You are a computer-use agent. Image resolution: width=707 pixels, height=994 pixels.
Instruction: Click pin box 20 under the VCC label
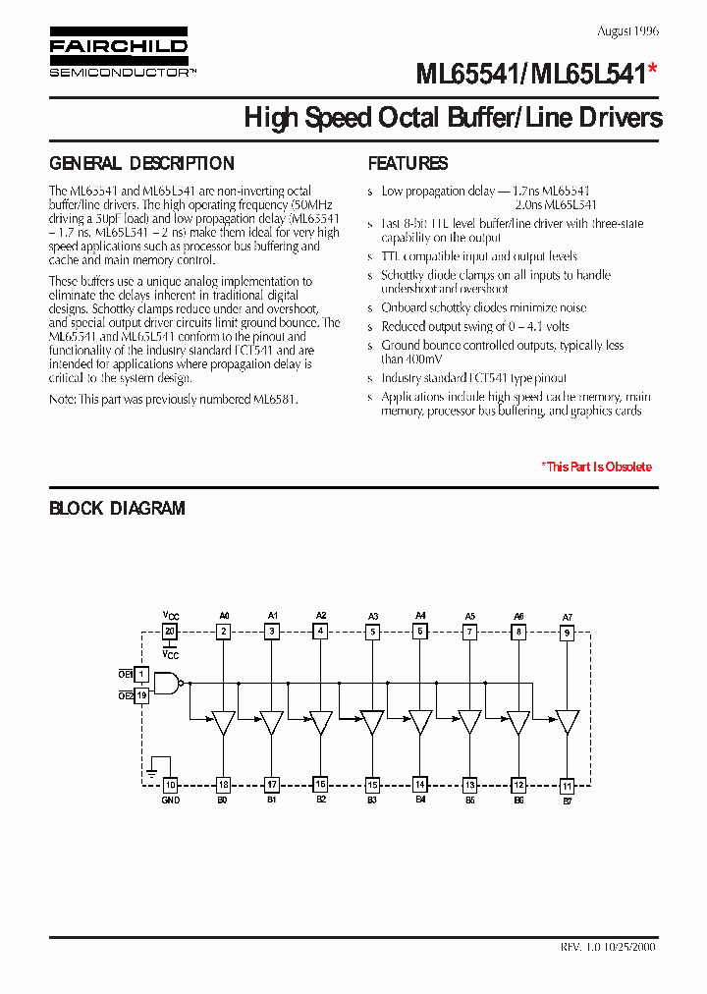point(170,632)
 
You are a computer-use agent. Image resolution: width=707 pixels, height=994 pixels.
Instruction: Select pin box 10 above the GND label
point(170,785)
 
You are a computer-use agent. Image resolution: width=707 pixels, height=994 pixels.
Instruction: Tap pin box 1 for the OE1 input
point(141,675)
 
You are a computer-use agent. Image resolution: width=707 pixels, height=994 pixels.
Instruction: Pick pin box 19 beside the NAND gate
point(141,695)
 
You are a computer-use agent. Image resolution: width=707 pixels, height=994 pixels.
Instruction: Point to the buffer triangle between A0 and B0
point(223,723)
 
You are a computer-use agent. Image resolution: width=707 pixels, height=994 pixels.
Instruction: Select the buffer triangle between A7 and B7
point(567,723)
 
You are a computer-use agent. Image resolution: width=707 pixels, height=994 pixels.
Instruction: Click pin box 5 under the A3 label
point(372,633)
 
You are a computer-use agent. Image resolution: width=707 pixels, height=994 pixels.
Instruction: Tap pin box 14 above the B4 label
point(419,785)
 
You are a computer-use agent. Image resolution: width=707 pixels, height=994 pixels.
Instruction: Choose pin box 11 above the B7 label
point(567,786)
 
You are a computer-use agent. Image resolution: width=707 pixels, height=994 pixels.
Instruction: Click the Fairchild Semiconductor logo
point(119,55)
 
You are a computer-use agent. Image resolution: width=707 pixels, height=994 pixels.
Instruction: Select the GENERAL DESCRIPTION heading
point(141,164)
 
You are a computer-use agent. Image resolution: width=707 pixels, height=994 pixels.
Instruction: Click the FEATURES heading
point(408,164)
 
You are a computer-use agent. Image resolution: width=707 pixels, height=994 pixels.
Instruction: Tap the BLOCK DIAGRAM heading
point(117,509)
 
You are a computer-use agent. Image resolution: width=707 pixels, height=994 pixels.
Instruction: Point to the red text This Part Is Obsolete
point(596,467)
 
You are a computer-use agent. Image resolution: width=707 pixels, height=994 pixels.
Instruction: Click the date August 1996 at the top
point(626,30)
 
